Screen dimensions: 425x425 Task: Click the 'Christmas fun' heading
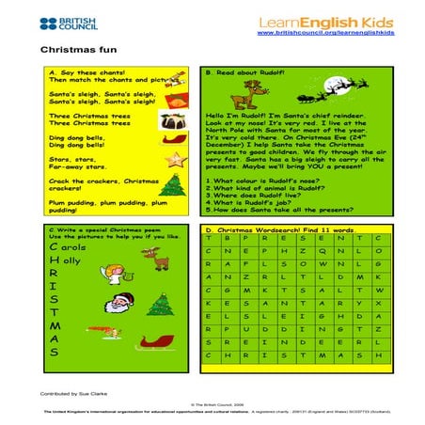(71, 49)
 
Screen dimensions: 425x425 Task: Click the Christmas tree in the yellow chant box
(175, 187)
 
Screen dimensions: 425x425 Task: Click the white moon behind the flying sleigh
(358, 83)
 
